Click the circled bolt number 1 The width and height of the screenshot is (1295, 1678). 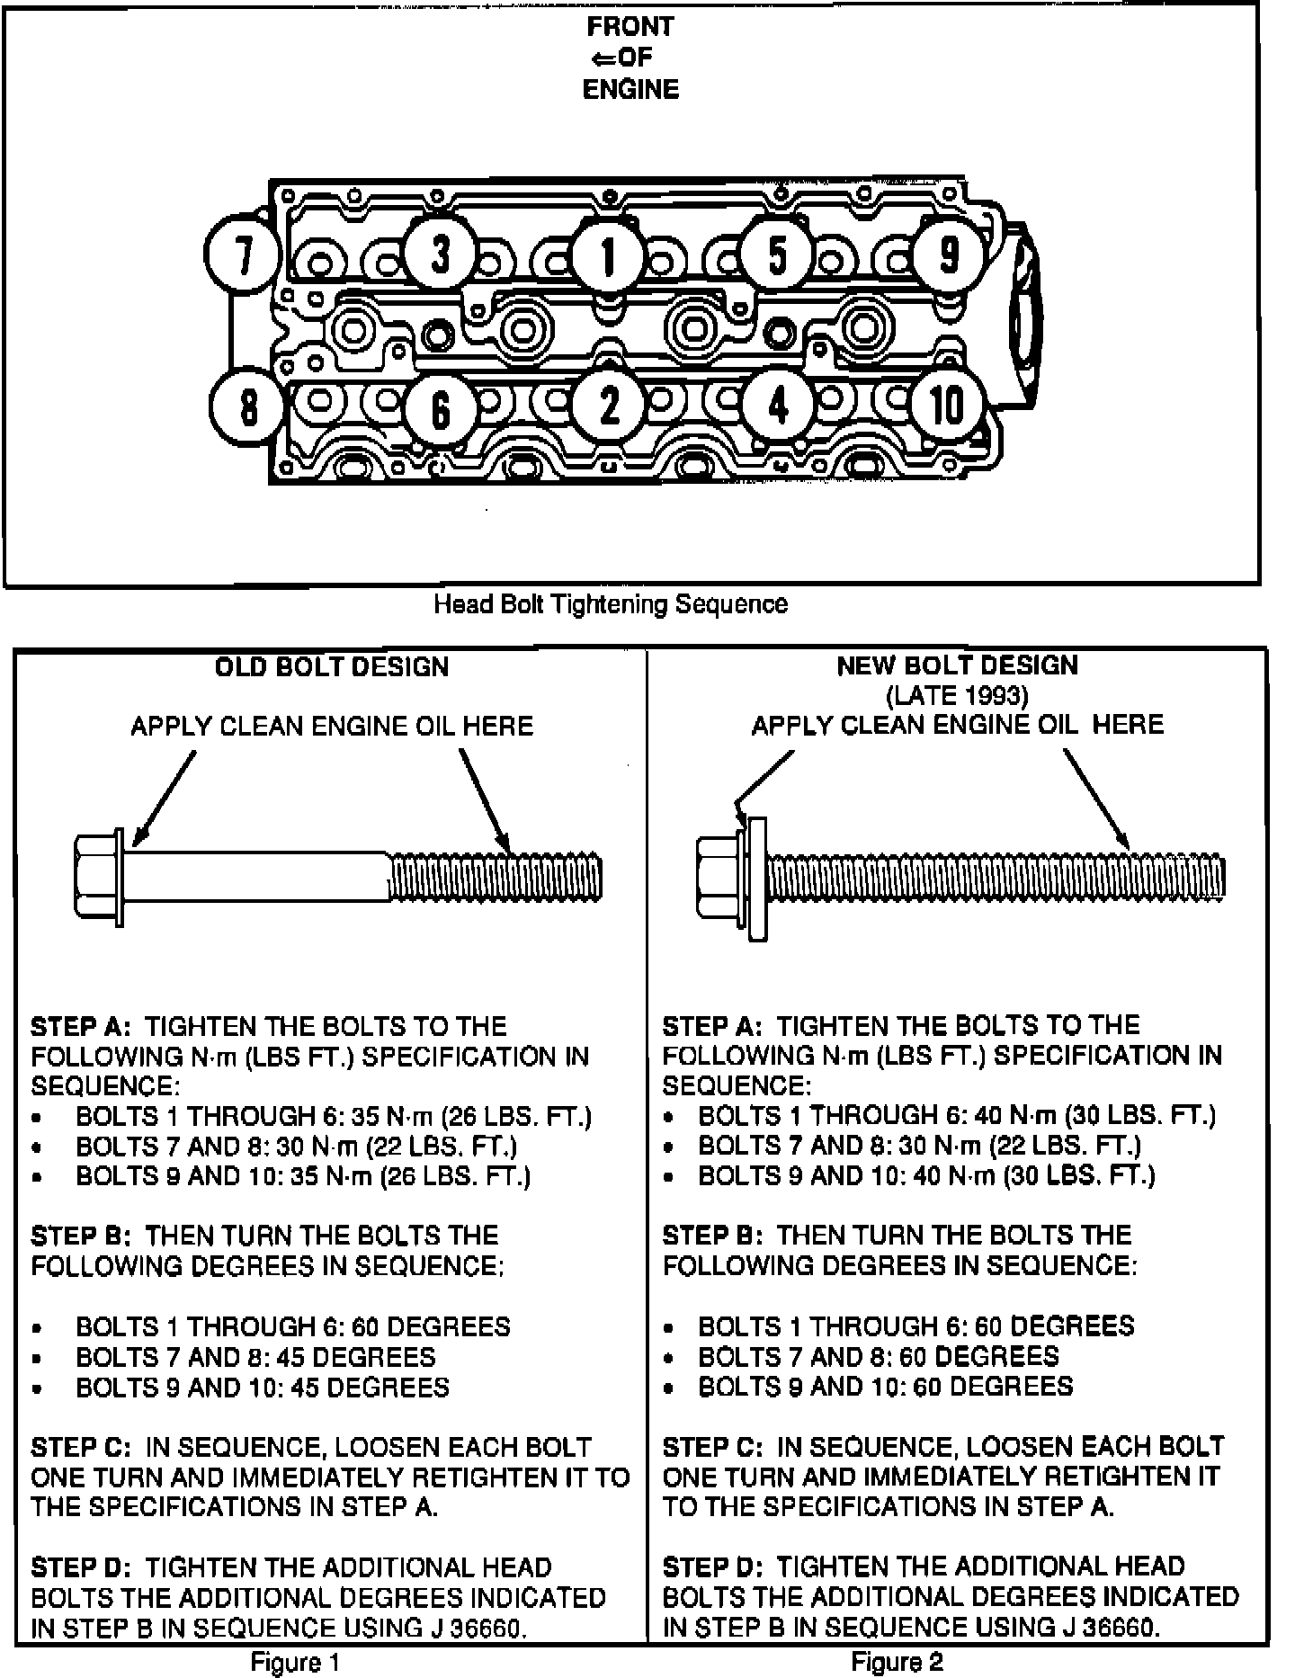(608, 257)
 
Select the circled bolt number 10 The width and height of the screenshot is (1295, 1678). (946, 406)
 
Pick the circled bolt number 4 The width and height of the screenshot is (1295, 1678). (779, 406)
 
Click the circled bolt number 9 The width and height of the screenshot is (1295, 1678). (949, 255)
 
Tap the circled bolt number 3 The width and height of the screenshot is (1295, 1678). (440, 254)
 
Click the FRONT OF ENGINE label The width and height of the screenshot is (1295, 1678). (630, 58)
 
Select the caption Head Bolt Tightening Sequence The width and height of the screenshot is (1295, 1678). (611, 603)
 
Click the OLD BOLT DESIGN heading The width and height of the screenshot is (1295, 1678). (332, 667)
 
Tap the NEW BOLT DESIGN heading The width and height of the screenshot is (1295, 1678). (957, 665)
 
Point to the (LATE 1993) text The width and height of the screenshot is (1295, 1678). (957, 695)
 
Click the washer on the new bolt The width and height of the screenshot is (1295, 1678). (757, 879)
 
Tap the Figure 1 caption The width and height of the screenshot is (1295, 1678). (295, 1663)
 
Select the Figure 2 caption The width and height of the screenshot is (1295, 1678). (897, 1662)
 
